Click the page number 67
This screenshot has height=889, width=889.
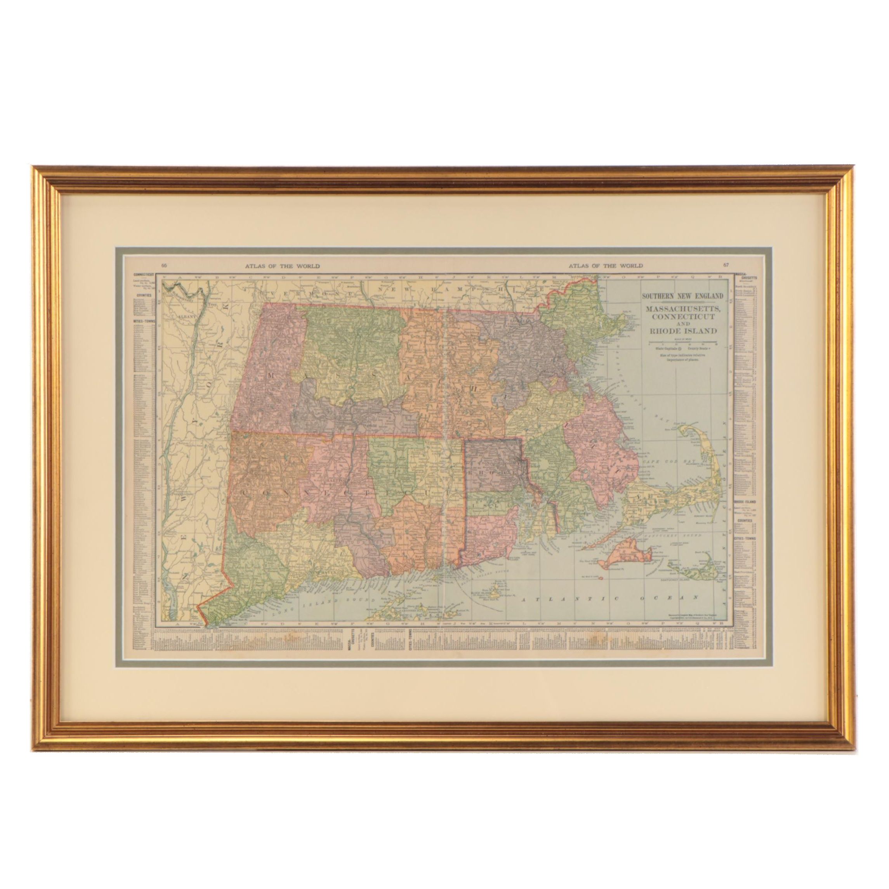pyautogui.click(x=726, y=266)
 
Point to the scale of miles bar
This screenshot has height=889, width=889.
pyautogui.click(x=682, y=342)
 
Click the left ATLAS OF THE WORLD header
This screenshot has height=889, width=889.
pyautogui.click(x=283, y=266)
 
